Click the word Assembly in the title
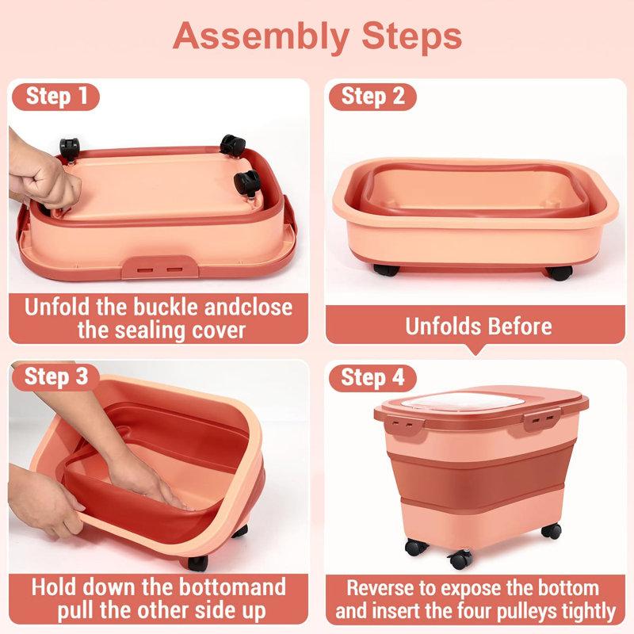point(261,37)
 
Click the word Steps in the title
point(411,36)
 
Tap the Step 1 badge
point(55,97)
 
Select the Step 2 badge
point(372,97)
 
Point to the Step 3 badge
point(55,377)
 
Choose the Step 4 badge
point(372,378)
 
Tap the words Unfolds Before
point(479,326)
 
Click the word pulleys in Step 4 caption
point(528,611)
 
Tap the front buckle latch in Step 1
point(160,268)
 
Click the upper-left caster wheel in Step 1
point(70,149)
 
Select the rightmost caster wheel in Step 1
point(247,184)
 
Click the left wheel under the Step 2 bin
point(386,270)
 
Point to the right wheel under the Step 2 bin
point(560,273)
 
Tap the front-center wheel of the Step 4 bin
point(460,560)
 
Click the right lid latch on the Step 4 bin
point(542,421)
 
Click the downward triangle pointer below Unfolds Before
point(476,349)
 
